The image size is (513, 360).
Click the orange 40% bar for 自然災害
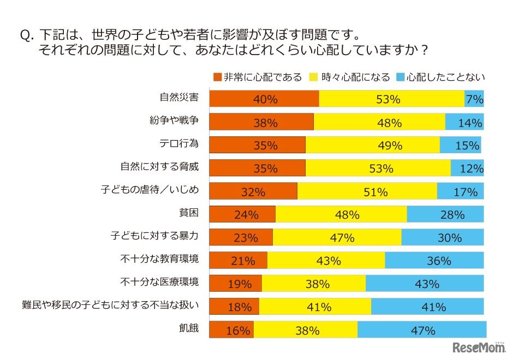tap(264, 99)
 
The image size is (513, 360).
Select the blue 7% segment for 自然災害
tap(474, 99)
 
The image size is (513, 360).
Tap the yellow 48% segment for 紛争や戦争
tap(380, 122)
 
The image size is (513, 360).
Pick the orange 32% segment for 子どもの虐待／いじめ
tap(253, 191)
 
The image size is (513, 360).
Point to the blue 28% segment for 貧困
tap(445, 215)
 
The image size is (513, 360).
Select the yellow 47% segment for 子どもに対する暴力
tap(337, 238)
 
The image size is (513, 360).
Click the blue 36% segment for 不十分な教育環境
tap(434, 261)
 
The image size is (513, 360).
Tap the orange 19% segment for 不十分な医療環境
tap(236, 284)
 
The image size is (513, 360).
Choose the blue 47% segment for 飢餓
tap(421, 331)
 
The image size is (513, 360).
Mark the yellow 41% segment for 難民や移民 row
tap(315, 307)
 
